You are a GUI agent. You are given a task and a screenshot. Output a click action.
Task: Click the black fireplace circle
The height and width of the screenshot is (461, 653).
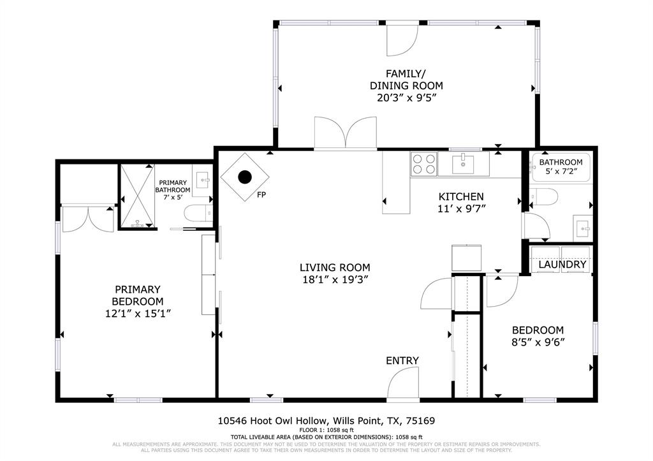pyautogui.click(x=245, y=177)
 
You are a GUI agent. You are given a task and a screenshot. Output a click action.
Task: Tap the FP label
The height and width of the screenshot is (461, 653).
pyautogui.click(x=261, y=195)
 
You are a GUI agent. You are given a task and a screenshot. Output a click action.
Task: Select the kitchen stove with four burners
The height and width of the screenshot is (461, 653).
pyautogui.click(x=423, y=164)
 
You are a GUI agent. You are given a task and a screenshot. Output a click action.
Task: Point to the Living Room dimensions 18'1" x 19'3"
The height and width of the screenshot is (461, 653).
pyautogui.click(x=335, y=279)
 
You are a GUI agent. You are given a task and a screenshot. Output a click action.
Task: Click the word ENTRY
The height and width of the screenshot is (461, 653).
pyautogui.click(x=402, y=361)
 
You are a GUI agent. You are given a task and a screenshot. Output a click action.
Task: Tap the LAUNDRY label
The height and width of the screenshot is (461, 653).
pyautogui.click(x=562, y=265)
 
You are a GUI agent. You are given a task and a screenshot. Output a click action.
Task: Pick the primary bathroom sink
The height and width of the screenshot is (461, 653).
pyautogui.click(x=202, y=179)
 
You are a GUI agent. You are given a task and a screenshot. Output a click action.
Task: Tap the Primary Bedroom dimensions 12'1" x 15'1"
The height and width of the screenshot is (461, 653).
pyautogui.click(x=138, y=313)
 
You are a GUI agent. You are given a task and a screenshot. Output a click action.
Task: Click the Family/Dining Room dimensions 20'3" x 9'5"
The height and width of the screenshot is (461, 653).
pyautogui.click(x=406, y=98)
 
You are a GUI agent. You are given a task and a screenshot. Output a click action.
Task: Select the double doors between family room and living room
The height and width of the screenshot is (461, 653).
pyautogui.click(x=346, y=134)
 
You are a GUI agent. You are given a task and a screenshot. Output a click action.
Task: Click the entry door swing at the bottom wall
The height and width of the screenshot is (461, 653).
pyautogui.click(x=403, y=386)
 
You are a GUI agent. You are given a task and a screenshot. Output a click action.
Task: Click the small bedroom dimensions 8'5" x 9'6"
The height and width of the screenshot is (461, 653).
pyautogui.click(x=538, y=342)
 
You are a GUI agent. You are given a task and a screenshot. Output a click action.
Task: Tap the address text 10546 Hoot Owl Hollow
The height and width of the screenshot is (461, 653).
pyautogui.click(x=272, y=421)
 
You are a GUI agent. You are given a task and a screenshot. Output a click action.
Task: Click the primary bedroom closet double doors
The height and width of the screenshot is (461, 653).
pyautogui.click(x=88, y=219)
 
